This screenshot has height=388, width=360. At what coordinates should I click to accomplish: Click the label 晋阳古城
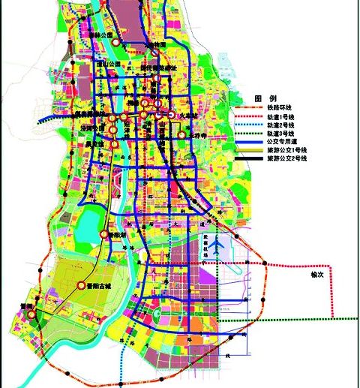click(99, 285)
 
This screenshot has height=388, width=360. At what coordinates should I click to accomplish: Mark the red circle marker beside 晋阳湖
click(104, 235)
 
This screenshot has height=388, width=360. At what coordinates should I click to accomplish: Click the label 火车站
click(184, 115)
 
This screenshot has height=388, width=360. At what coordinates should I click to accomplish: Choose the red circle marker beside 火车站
click(171, 116)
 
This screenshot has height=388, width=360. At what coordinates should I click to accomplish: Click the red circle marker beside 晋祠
click(31, 316)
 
